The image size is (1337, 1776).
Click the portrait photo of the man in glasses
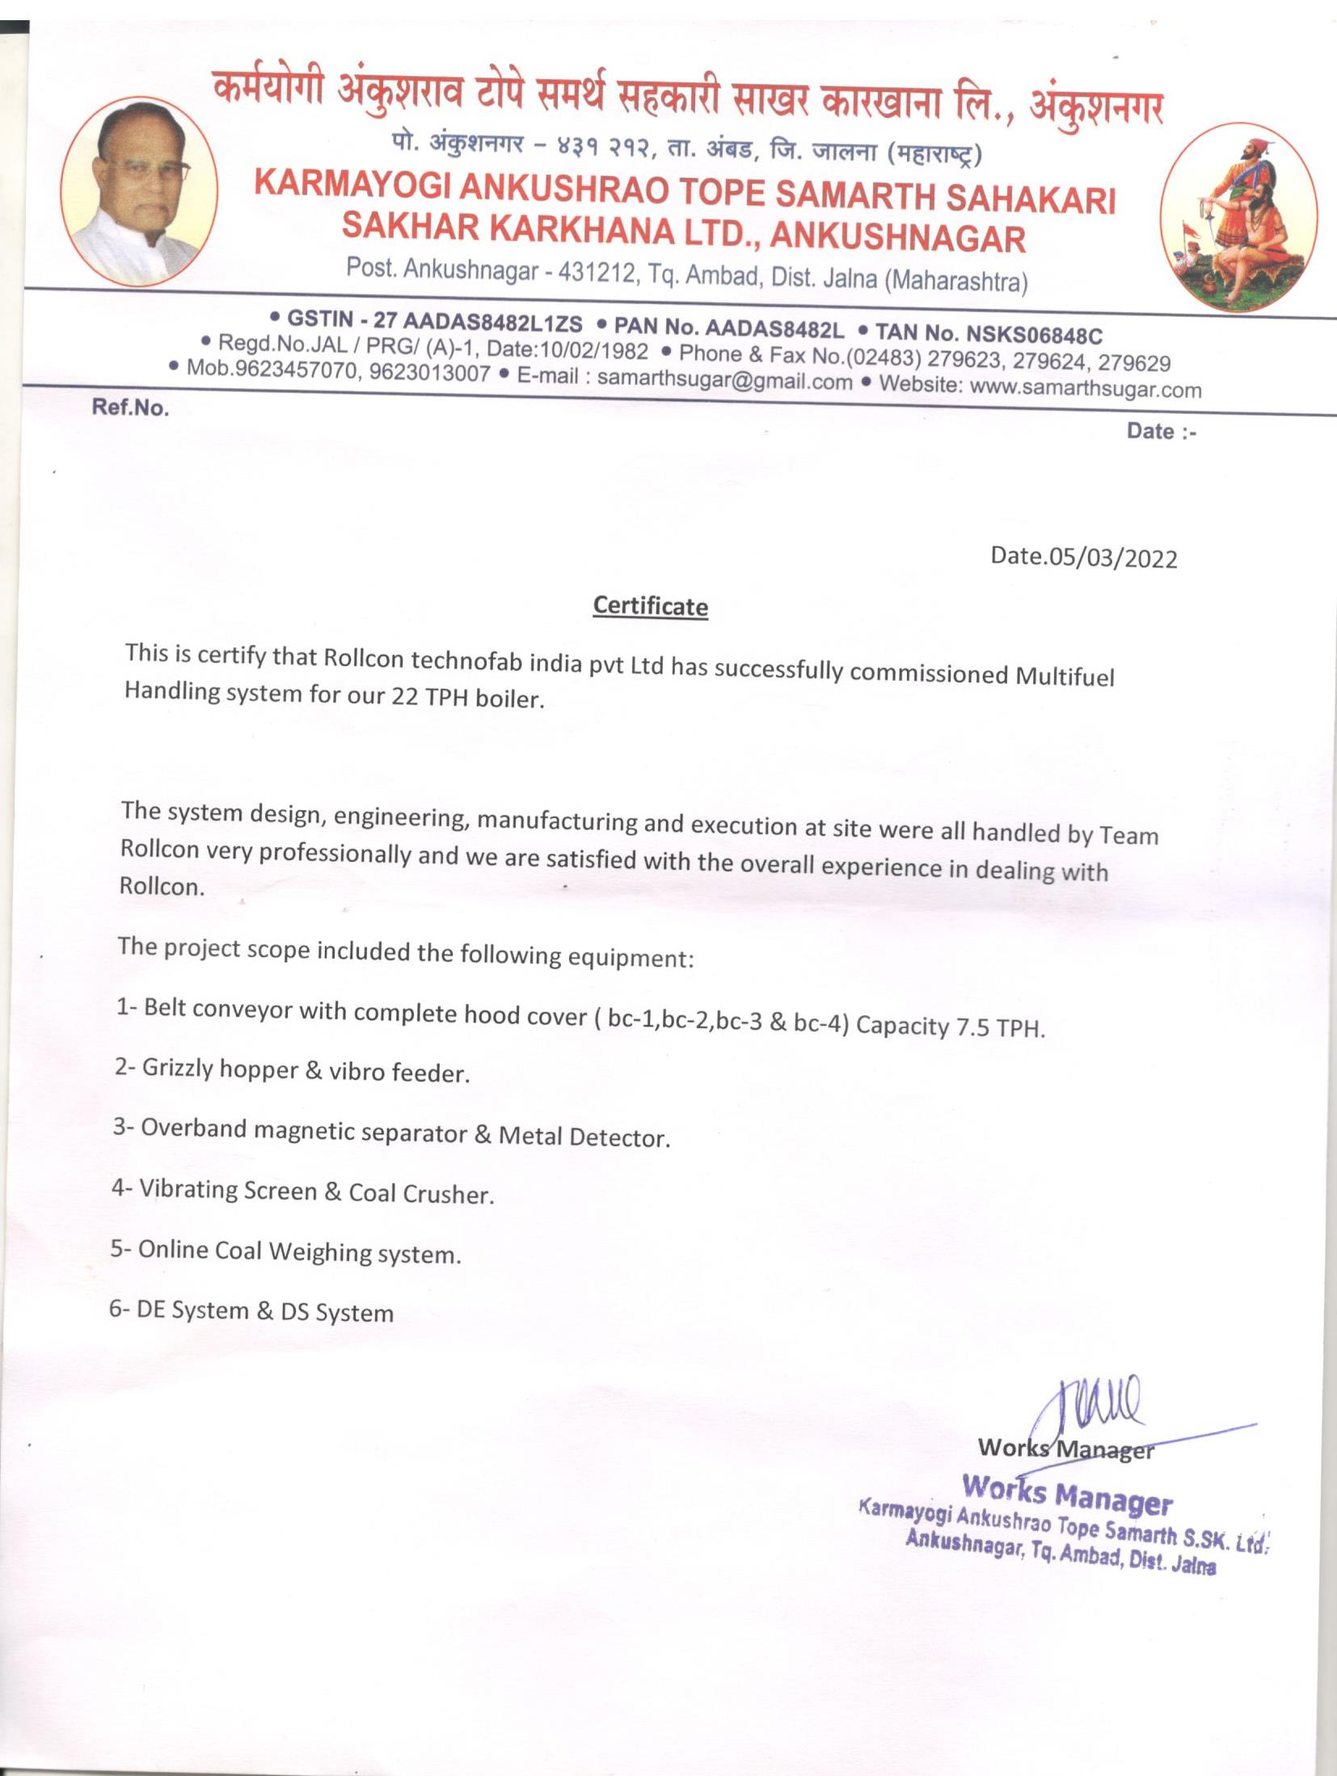tap(139, 191)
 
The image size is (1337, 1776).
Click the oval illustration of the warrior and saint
tap(1238, 217)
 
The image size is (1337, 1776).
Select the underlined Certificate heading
tap(650, 606)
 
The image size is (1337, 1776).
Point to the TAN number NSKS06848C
tap(1034, 334)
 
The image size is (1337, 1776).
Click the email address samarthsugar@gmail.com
tap(724, 380)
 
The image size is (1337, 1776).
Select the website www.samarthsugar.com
tap(1085, 388)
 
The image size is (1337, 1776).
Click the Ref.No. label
tap(130, 407)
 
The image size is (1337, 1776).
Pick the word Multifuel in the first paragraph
tap(1065, 676)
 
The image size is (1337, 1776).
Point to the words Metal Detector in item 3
tap(584, 1137)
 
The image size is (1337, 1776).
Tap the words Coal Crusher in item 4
tap(420, 1193)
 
